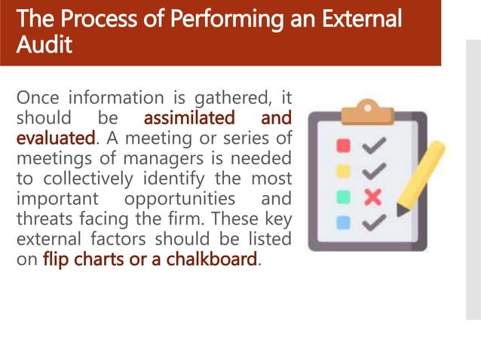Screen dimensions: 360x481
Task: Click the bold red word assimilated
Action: (189, 118)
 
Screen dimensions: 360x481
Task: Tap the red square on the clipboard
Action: (343, 145)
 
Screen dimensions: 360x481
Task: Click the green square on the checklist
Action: (343, 197)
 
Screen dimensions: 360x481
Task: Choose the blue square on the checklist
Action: (343, 222)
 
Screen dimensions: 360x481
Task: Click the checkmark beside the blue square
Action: (375, 222)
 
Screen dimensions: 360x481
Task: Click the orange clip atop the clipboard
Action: (366, 114)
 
